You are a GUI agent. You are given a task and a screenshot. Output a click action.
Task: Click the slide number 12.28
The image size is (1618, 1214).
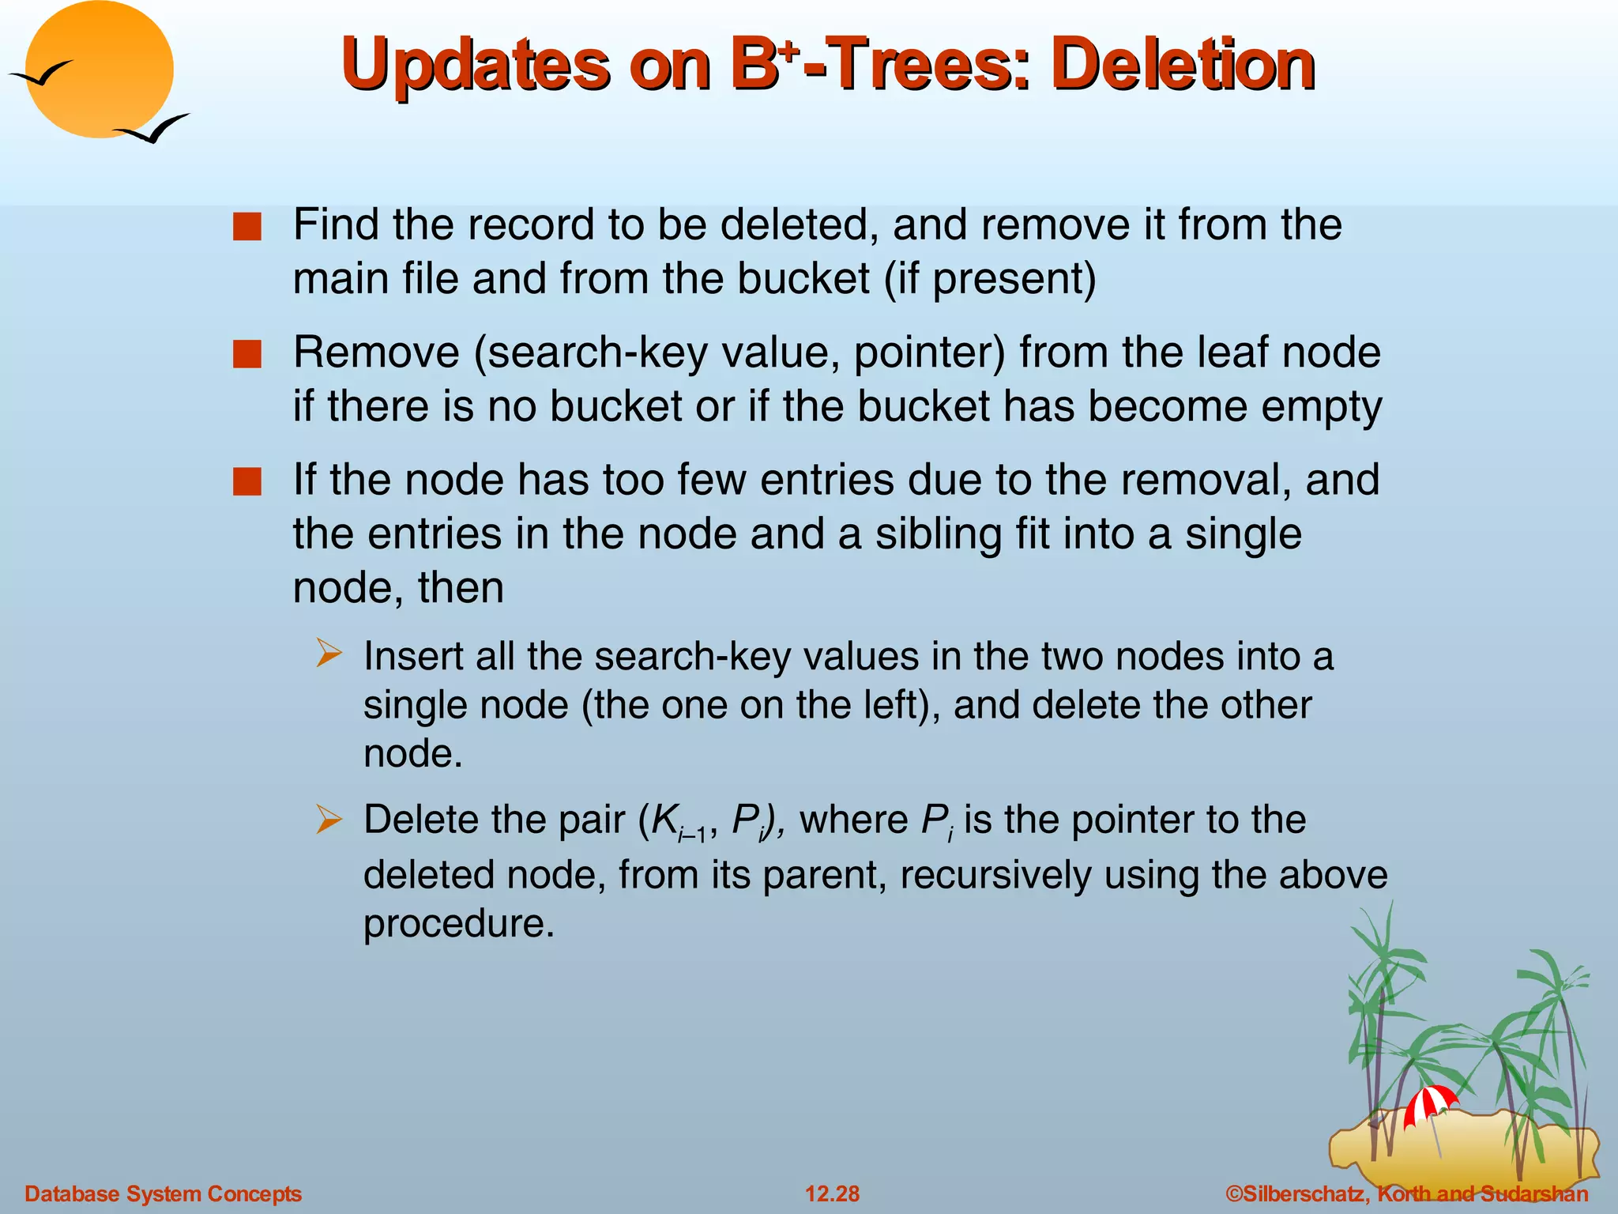click(832, 1193)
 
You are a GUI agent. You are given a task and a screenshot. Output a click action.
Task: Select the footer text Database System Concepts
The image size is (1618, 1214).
click(164, 1193)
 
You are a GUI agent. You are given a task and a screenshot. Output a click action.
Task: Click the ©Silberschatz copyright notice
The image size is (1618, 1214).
click(1406, 1193)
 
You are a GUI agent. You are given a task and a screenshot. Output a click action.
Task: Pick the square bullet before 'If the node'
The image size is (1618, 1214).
click(247, 481)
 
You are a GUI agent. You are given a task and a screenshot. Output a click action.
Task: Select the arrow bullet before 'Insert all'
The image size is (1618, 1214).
click(329, 654)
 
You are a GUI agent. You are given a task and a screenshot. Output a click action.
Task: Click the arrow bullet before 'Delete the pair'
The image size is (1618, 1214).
click(329, 819)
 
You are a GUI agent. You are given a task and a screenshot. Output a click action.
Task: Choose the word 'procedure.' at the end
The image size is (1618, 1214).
click(459, 924)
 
